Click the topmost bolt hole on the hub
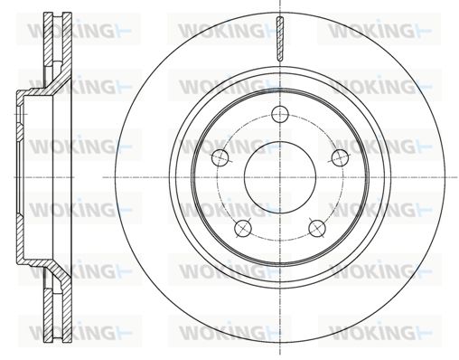coord(280,114)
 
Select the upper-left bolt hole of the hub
coord(220,157)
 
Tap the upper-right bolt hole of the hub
coord(340,157)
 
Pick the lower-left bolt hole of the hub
coord(243,228)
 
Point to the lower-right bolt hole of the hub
coord(317,228)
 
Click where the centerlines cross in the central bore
coord(280,177)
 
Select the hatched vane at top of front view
coord(280,39)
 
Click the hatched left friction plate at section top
coord(48,39)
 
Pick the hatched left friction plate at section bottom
coord(48,315)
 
